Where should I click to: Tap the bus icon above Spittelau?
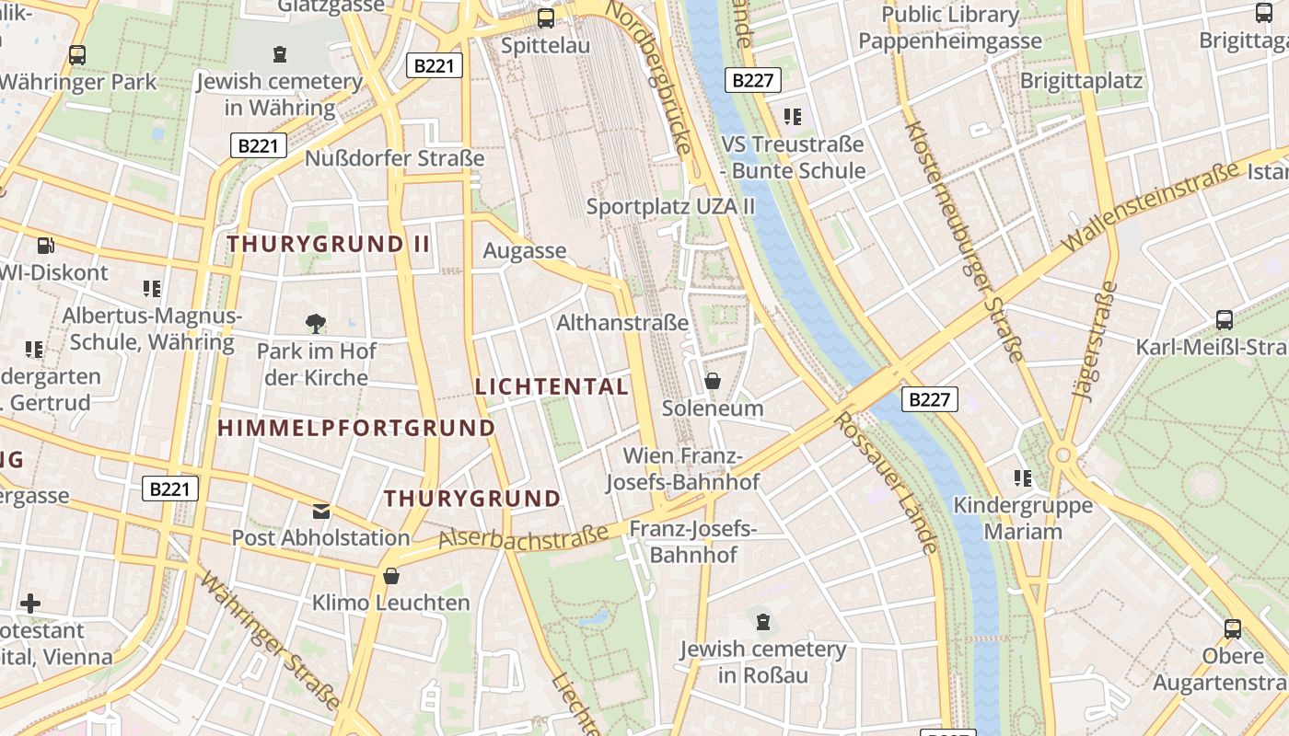(x=546, y=17)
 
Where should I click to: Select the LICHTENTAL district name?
(x=552, y=386)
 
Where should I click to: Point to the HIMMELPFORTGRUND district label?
(x=356, y=428)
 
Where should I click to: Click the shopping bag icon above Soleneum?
(x=713, y=380)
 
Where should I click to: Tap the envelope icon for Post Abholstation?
(x=321, y=511)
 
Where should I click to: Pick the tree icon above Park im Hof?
(x=316, y=324)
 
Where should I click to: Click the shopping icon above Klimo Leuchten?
(x=391, y=577)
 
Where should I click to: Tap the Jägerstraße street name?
(x=1095, y=340)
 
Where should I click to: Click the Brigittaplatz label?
(x=1081, y=80)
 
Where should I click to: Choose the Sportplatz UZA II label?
(x=670, y=206)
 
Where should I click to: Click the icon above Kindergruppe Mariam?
(x=1022, y=478)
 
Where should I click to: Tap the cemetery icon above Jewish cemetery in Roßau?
(x=762, y=623)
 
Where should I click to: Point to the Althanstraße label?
(x=622, y=323)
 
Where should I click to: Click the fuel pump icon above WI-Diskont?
(x=45, y=246)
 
